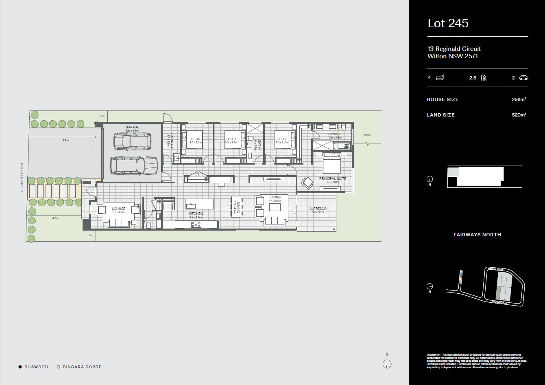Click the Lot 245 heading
click(448, 23)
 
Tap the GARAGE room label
click(132, 127)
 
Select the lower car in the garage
click(134, 165)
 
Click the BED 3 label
click(231, 139)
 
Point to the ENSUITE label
click(336, 134)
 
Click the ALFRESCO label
click(318, 209)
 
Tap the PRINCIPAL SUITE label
click(332, 178)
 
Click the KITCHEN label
click(196, 213)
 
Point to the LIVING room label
click(275, 197)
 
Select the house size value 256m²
click(519, 99)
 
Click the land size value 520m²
click(519, 115)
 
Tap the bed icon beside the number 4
click(440, 77)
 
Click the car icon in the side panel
click(523, 77)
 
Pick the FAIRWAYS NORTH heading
click(477, 235)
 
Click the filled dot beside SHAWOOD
click(20, 367)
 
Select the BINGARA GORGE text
click(82, 367)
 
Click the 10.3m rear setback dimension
click(368, 135)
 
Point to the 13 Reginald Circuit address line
click(454, 49)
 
